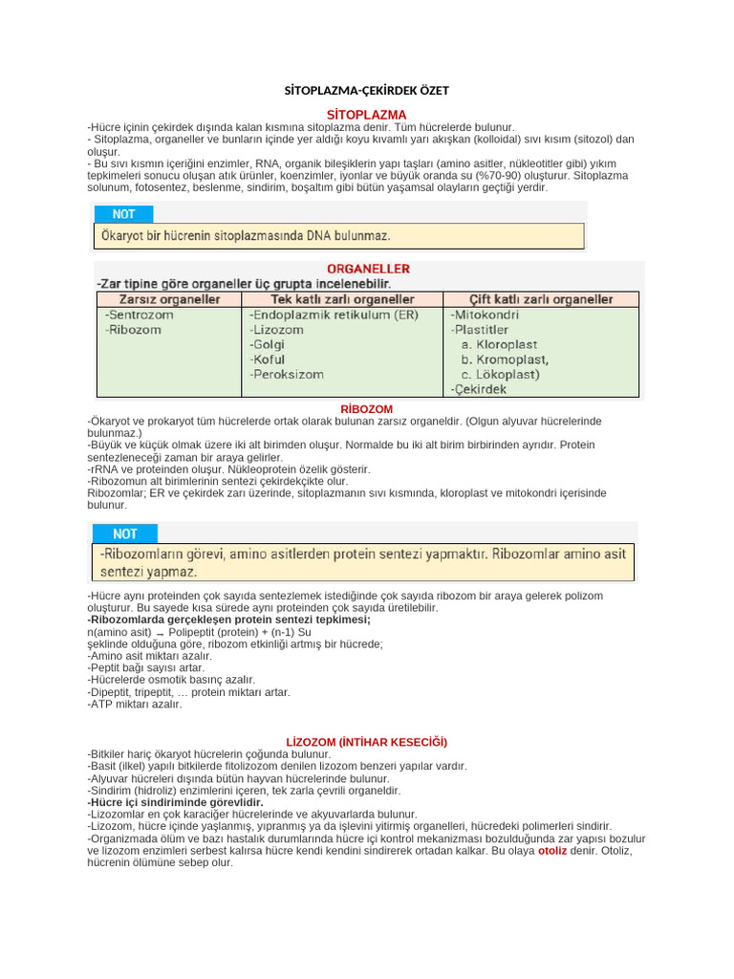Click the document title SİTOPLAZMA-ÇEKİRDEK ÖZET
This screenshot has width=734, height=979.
click(x=367, y=91)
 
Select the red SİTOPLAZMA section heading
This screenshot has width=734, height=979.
click(x=367, y=115)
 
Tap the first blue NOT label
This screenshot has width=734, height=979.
click(x=124, y=214)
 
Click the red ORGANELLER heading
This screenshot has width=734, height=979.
click(x=368, y=270)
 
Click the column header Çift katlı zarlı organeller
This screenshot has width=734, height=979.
click(x=541, y=299)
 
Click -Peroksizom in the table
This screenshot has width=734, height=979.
click(x=286, y=375)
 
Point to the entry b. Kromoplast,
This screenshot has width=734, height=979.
click(x=504, y=359)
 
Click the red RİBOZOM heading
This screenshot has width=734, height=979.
click(x=367, y=409)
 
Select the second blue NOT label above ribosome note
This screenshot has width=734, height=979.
click(x=124, y=533)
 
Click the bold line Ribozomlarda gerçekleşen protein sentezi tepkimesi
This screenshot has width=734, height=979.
click(x=229, y=620)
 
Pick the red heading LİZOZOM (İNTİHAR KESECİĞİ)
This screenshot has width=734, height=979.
click(x=367, y=742)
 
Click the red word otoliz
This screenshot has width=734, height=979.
click(x=552, y=850)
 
